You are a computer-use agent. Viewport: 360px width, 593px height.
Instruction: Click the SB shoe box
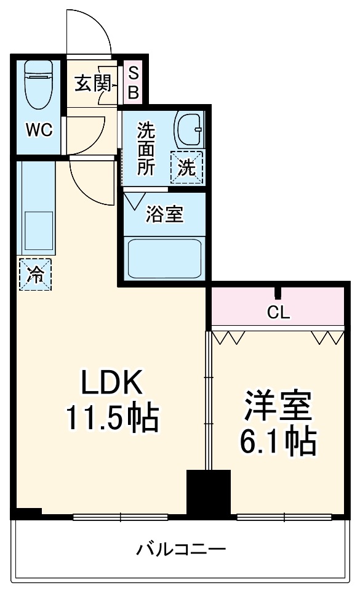click(x=134, y=84)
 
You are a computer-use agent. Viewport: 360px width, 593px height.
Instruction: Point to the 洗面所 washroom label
click(x=146, y=149)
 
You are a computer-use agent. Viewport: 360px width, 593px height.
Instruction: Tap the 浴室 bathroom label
click(x=164, y=214)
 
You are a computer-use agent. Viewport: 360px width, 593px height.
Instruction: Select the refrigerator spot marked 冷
click(x=35, y=275)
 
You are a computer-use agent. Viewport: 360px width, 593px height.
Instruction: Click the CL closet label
click(x=278, y=312)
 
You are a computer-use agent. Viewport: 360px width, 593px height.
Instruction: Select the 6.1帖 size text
click(x=278, y=440)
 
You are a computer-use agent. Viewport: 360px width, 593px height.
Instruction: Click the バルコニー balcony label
click(x=181, y=549)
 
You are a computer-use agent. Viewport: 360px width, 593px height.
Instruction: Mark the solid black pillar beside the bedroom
click(x=208, y=493)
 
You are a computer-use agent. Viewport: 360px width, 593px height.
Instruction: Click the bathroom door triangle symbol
click(x=135, y=201)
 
